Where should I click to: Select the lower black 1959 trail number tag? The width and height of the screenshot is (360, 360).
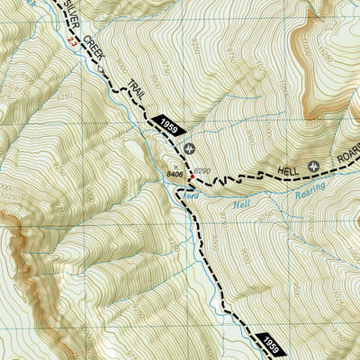(273, 342)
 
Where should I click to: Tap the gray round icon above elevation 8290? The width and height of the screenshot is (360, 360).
(189, 148)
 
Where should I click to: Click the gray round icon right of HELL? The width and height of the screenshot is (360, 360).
(314, 165)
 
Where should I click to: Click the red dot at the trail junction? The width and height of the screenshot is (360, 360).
(190, 177)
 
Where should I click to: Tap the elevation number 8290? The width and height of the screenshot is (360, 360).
(201, 170)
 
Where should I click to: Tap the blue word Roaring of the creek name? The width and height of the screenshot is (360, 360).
(308, 192)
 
